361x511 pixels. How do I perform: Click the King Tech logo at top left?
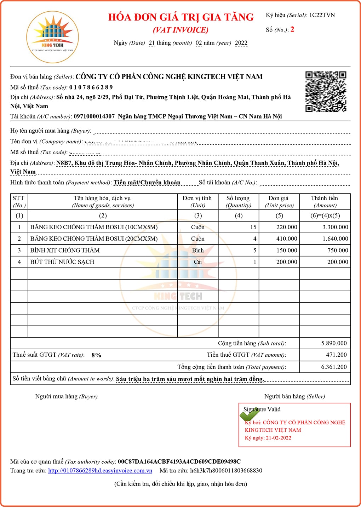52,37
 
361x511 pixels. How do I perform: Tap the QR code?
326,92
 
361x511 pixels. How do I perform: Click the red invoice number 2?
292,29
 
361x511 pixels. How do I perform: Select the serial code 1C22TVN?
322,15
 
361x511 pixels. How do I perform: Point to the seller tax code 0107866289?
91,87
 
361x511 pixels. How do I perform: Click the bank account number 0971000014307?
94,116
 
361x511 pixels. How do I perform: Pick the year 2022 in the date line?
241,43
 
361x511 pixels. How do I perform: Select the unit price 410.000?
287,239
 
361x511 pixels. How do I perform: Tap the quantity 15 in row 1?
253,227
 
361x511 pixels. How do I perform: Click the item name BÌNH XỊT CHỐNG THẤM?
65,251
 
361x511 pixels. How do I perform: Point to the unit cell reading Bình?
198,251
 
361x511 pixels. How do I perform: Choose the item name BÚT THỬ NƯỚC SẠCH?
62,262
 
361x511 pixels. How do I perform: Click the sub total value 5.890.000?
334,343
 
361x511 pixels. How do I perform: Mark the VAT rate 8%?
96,355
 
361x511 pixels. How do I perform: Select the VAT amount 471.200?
336,355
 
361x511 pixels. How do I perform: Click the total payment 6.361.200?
334,367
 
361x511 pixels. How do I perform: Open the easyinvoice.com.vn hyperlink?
100,471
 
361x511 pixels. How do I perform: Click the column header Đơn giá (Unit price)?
279,202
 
